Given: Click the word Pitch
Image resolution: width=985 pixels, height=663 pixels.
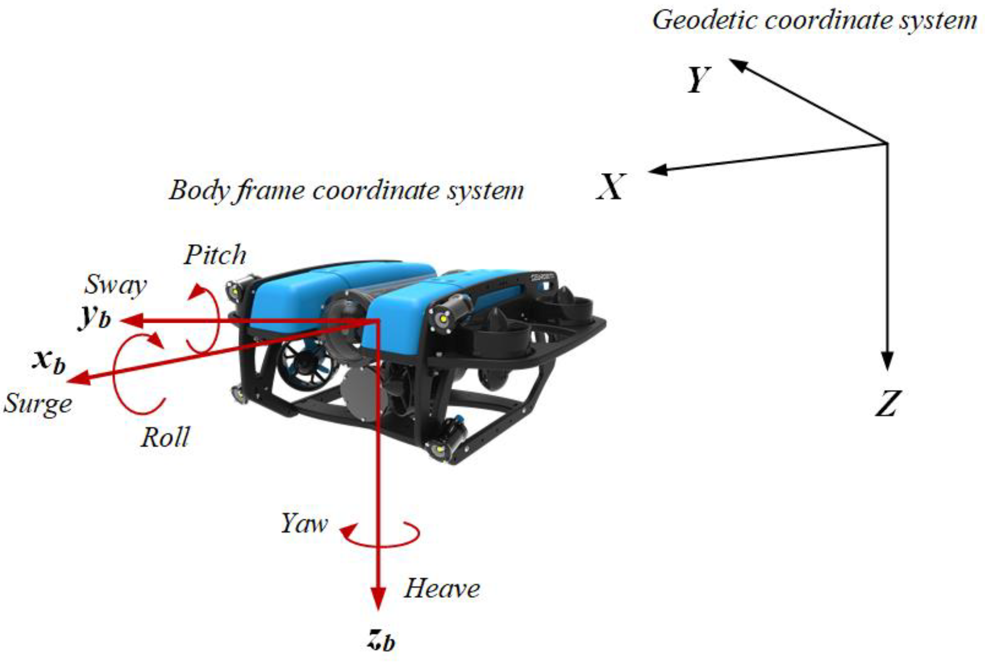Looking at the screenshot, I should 215,255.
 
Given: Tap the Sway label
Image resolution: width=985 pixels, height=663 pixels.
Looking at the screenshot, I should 115,285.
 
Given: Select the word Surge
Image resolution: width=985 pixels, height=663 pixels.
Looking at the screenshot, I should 38,404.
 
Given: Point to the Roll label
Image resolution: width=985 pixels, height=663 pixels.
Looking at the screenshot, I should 165,438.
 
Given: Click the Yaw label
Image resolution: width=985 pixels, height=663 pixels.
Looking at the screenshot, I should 304,524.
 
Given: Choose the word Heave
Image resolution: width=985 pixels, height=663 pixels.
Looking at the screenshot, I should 442,589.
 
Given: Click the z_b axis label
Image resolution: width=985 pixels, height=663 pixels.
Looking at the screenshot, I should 381,639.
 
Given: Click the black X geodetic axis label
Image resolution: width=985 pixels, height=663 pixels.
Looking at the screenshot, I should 610,187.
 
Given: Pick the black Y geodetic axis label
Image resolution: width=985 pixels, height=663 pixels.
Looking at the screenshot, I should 698,80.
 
